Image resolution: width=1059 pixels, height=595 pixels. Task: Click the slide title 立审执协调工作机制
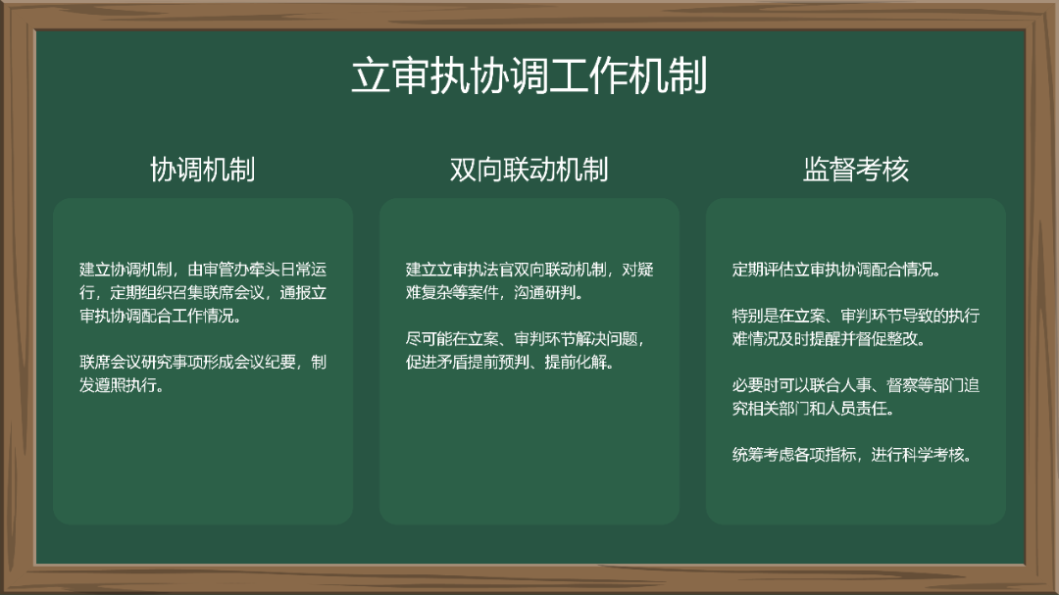[x=529, y=76]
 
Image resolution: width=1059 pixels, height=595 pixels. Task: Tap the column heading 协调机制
[x=202, y=170]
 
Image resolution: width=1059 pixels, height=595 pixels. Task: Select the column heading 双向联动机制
[x=529, y=170]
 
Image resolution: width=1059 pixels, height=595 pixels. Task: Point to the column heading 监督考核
[x=856, y=170]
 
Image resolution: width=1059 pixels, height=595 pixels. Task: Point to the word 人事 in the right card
[x=858, y=385]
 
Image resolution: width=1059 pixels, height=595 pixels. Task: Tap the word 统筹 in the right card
[x=747, y=455]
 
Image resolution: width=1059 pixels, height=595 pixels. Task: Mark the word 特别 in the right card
[x=747, y=316]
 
